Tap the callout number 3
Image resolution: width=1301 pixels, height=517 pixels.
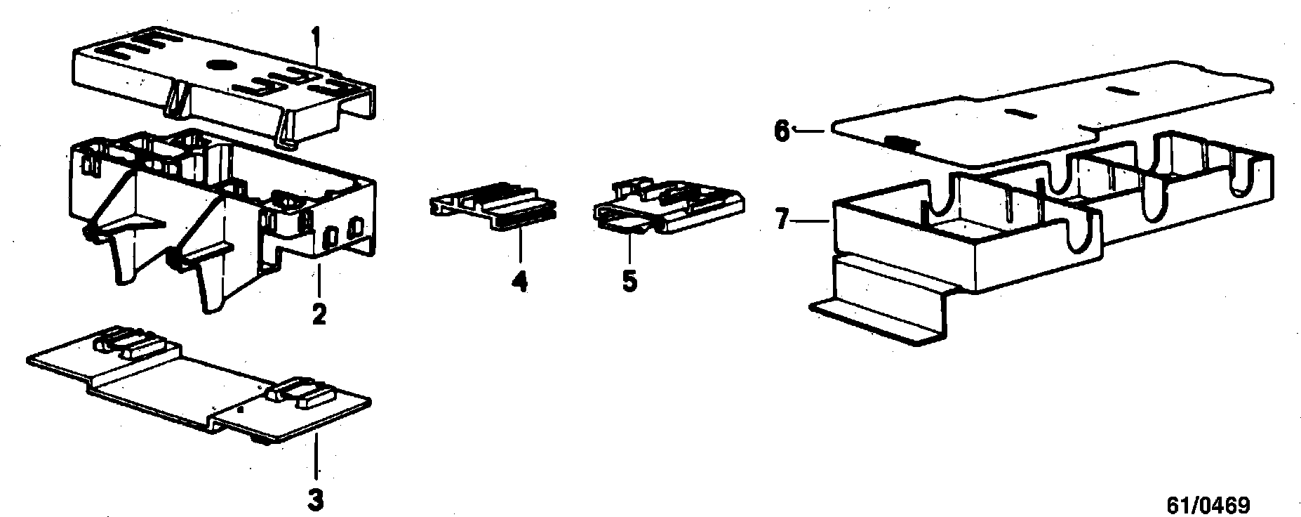click(x=316, y=502)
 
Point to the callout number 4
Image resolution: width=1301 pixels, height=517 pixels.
click(x=519, y=282)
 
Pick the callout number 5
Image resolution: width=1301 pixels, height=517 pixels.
click(x=629, y=282)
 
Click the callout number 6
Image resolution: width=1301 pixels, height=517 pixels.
click(x=782, y=131)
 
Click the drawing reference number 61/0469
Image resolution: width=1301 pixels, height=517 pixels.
click(x=1208, y=506)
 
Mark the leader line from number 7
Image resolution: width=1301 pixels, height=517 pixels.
click(x=814, y=221)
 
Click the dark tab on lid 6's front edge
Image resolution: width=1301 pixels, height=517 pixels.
click(x=902, y=143)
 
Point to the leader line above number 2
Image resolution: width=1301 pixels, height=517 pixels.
click(x=319, y=281)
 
